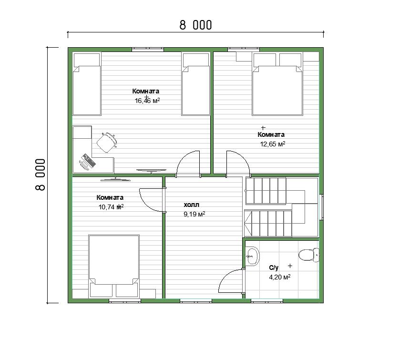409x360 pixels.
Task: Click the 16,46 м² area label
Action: pos(147,101)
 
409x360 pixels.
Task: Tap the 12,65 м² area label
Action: pos(273,144)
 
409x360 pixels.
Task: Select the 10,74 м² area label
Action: pos(111,207)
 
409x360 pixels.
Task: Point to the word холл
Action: pos(192,205)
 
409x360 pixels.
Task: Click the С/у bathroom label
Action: pos(274,267)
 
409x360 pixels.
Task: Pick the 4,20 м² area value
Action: pos(280,277)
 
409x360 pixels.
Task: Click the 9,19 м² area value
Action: pos(194,214)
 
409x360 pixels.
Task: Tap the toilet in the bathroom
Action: pos(309,255)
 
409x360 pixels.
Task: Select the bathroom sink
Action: pos(253,256)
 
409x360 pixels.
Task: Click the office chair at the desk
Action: pos(107,143)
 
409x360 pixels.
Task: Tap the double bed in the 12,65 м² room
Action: pos(277,84)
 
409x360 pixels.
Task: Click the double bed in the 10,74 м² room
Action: pos(114,267)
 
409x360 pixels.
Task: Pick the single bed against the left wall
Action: pos(87,84)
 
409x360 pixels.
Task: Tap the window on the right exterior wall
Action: pos(322,207)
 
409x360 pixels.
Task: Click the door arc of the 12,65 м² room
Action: pos(243,157)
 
